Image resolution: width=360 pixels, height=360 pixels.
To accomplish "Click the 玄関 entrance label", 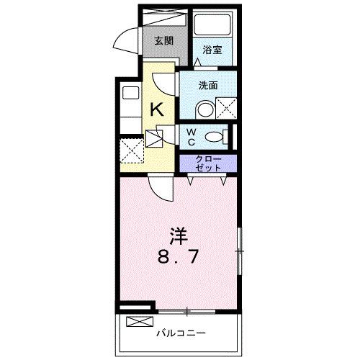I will click(x=163, y=40).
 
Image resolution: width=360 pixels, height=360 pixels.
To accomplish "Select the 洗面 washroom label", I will click(x=208, y=84).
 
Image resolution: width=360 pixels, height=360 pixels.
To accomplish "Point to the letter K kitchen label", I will click(x=156, y=109).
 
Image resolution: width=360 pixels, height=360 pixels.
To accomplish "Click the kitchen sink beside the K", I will click(x=130, y=92).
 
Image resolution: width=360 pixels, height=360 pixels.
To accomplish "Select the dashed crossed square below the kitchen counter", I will click(x=131, y=152).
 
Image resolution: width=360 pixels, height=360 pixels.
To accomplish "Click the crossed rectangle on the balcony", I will click(x=140, y=322).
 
